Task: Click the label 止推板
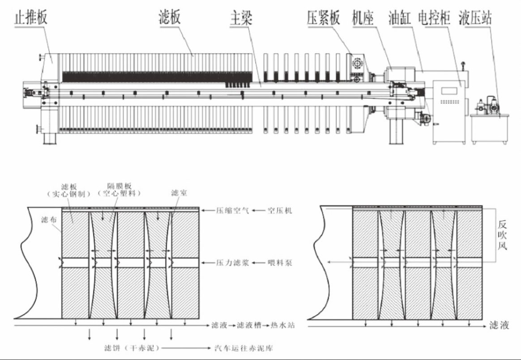point(30,18)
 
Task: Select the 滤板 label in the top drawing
point(170,18)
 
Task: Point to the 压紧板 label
point(323,18)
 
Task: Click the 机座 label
point(363,18)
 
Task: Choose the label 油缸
point(399,18)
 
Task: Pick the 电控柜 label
point(434,18)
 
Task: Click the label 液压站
point(475,18)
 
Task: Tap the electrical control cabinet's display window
point(449,90)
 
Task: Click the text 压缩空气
point(229,210)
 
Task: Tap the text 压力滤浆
point(229,263)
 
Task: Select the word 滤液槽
point(249,326)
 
